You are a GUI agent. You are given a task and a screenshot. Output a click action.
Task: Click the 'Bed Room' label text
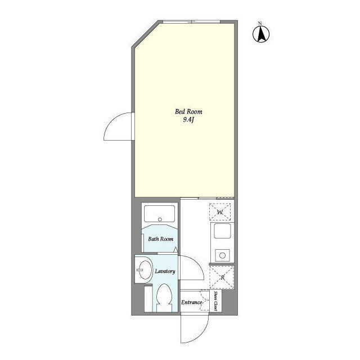pos(188,112)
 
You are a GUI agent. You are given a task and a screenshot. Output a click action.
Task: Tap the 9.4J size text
pos(189,120)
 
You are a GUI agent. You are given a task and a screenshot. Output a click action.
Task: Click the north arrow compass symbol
pos(261,34)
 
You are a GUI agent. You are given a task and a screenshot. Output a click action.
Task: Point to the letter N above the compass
pos(260,23)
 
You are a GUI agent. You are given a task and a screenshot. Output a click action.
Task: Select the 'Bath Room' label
pos(160,239)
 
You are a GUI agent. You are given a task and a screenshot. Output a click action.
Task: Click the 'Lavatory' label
pos(165,271)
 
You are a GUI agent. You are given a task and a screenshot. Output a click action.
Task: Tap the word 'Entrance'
pos(191,303)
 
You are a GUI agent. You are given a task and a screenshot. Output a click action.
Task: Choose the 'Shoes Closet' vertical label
pos(215,301)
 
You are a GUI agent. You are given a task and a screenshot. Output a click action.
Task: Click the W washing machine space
pos(220,212)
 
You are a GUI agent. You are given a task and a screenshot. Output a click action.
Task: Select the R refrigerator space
pos(222,277)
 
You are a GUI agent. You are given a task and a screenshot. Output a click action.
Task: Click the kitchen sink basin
pos(222,231)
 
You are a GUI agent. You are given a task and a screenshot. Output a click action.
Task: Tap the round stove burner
pos(222,255)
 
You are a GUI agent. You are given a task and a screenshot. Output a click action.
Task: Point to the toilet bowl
pos(164,296)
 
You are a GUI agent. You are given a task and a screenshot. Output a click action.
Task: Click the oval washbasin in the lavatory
pos(145,269)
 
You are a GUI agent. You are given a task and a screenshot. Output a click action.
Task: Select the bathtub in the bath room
pos(160,214)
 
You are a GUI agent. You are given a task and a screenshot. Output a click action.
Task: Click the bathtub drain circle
pos(160,219)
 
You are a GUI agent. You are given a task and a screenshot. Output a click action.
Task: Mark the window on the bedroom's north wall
pos(191,22)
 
